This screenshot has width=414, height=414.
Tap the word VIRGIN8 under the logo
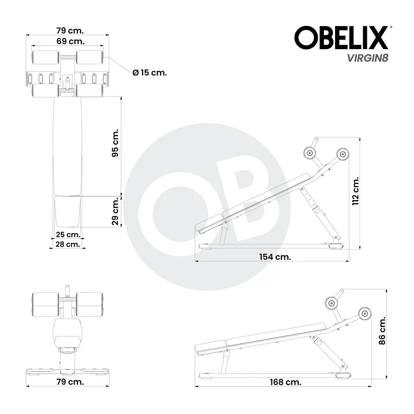tap(368, 58)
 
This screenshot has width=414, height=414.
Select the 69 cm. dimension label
tap(70, 41)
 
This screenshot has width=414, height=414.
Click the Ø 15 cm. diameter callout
tap(150, 72)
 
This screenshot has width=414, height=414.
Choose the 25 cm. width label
tap(68, 235)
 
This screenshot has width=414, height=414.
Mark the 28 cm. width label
tap(68, 244)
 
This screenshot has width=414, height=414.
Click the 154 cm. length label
tap(275, 257)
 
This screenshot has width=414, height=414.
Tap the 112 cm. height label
tap(355, 191)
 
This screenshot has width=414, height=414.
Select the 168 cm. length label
tap(285, 382)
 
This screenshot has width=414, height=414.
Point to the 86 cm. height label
tap(381, 331)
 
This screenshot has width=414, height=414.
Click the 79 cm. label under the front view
tap(70, 382)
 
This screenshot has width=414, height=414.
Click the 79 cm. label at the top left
tap(70, 31)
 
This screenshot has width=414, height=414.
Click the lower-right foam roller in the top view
tap(89, 91)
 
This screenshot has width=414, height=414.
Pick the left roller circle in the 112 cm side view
tap(309, 153)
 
